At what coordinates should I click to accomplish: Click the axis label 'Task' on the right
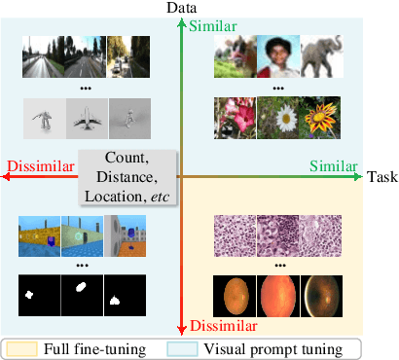pyautogui.click(x=381, y=177)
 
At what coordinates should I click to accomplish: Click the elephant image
pyautogui.click(x=320, y=57)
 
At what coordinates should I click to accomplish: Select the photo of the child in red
pyautogui.click(x=277, y=57)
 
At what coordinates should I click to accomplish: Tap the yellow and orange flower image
pyautogui.click(x=320, y=119)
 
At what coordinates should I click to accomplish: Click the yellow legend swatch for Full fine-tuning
pyautogui.click(x=25, y=347)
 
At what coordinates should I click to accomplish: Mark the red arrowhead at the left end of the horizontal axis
pyautogui.click(x=8, y=178)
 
